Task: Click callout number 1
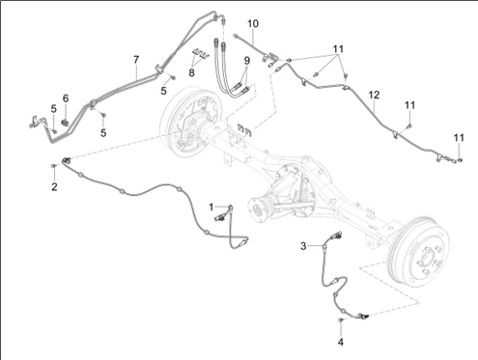pos(211,208)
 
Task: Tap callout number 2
pos(54,186)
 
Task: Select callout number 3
pos(303,246)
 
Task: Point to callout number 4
pos(341,342)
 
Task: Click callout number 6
pos(66,98)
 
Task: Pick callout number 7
pos(136,60)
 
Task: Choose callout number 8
pos(191,72)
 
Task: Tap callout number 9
pos(246,60)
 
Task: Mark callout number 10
pos(253,24)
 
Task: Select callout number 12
pos(374,95)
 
